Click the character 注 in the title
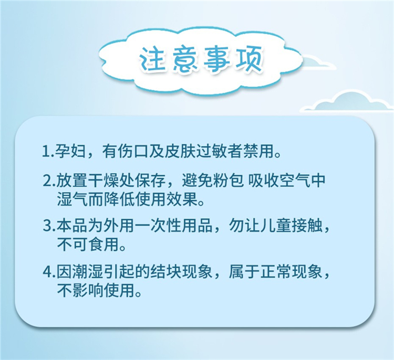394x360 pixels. click(x=152, y=59)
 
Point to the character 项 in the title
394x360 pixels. click(x=249, y=59)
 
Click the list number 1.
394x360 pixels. click(x=46, y=152)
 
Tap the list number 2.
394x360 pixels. click(x=47, y=181)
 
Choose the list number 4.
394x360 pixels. click(x=47, y=272)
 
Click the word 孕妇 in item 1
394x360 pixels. click(x=71, y=152)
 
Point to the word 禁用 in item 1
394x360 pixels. click(x=258, y=152)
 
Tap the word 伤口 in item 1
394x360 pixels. click(x=133, y=152)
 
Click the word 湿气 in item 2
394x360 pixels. click(x=71, y=200)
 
